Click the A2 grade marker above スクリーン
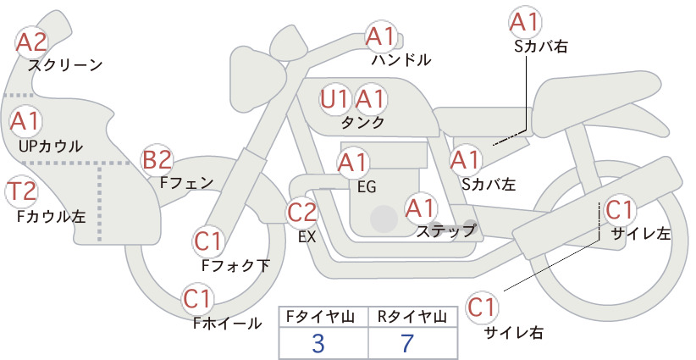pos(31,42)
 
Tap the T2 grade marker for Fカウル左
pos(22,191)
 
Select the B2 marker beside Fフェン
pos(157,160)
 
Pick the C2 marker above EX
pos(301,213)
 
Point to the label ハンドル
pos(401,60)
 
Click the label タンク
pos(362,123)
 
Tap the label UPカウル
pos(51,146)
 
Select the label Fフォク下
pos(235,265)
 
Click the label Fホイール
pos(227,324)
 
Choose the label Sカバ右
pos(541,47)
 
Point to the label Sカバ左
pos(489,184)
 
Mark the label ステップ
pos(445,231)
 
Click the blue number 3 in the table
pos(318,344)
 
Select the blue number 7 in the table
pos(407,343)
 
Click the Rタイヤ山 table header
pos(412,317)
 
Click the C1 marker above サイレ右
pos(482,307)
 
